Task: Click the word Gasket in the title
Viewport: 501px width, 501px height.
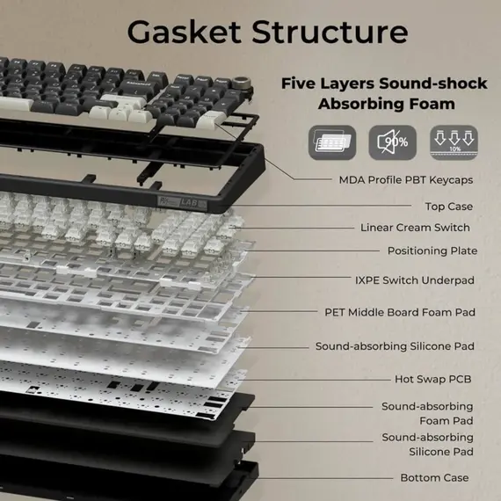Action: click(184, 32)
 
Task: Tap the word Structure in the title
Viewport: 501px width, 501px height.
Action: click(330, 32)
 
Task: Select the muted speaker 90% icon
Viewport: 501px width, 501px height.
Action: click(392, 142)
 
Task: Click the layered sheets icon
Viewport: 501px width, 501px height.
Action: click(332, 142)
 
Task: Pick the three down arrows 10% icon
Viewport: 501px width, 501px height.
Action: click(454, 142)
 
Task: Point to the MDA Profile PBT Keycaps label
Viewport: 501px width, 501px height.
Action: click(406, 180)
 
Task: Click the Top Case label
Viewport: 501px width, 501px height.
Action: click(449, 207)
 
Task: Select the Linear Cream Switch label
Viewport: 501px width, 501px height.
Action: click(415, 228)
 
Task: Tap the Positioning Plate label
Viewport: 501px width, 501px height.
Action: click(432, 250)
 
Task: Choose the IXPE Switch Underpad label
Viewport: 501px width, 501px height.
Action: click(415, 280)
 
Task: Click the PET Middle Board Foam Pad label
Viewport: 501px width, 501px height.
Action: click(400, 312)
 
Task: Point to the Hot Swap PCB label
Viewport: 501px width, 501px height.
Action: click(433, 379)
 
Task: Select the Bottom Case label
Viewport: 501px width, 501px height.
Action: click(434, 477)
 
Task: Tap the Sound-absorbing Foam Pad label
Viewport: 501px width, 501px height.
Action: click(427, 414)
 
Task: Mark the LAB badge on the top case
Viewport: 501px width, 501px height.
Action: click(183, 203)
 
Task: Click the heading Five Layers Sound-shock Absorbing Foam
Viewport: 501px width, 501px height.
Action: click(384, 94)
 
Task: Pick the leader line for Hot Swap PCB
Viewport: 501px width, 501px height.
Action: click(314, 380)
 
